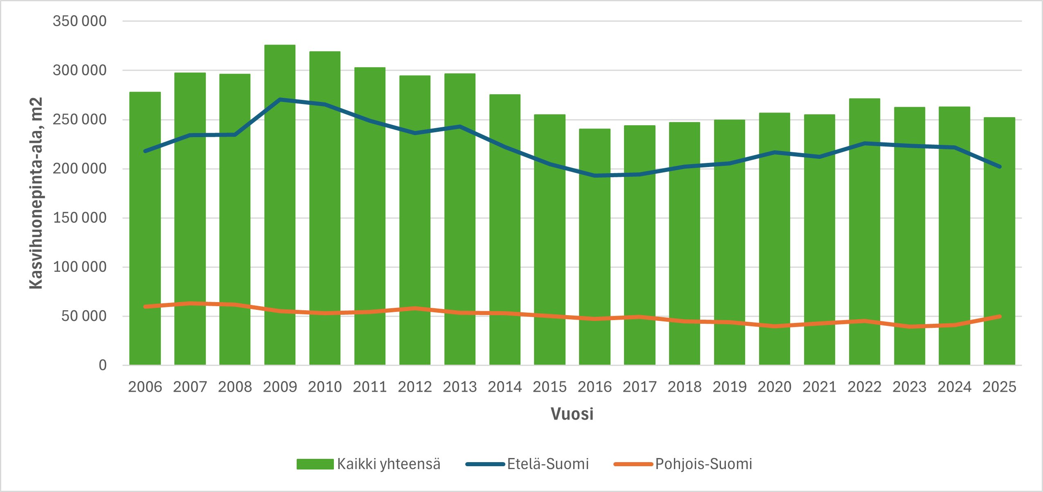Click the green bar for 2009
click(280, 205)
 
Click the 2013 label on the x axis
click(460, 387)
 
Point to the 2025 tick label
click(999, 387)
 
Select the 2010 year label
click(325, 387)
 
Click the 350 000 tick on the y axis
click(80, 21)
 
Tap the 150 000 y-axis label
click(80, 218)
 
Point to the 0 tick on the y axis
click(103, 365)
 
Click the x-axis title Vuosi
click(572, 414)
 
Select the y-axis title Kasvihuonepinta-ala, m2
click(36, 193)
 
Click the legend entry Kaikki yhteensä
click(389, 464)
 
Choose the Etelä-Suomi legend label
click(548, 464)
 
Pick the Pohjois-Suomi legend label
click(704, 464)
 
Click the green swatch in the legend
click(315, 464)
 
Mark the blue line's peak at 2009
click(280, 99)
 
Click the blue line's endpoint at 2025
click(1000, 167)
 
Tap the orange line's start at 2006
click(145, 307)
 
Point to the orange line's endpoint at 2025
click(1000, 316)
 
